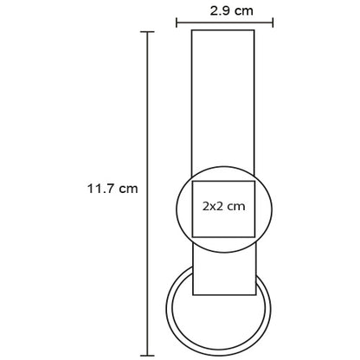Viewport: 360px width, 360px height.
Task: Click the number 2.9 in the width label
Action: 220,11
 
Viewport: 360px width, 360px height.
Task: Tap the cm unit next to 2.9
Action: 244,12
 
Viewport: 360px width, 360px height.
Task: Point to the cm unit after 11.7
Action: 128,190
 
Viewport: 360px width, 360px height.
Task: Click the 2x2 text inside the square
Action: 213,206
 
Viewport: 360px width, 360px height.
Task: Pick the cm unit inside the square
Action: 236,207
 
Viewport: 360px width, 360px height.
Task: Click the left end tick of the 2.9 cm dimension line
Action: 177,22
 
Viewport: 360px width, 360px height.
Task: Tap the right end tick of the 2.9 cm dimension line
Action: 273,22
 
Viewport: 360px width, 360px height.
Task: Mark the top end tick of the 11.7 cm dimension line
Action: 147,32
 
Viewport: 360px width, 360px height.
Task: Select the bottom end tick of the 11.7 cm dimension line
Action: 147,356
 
